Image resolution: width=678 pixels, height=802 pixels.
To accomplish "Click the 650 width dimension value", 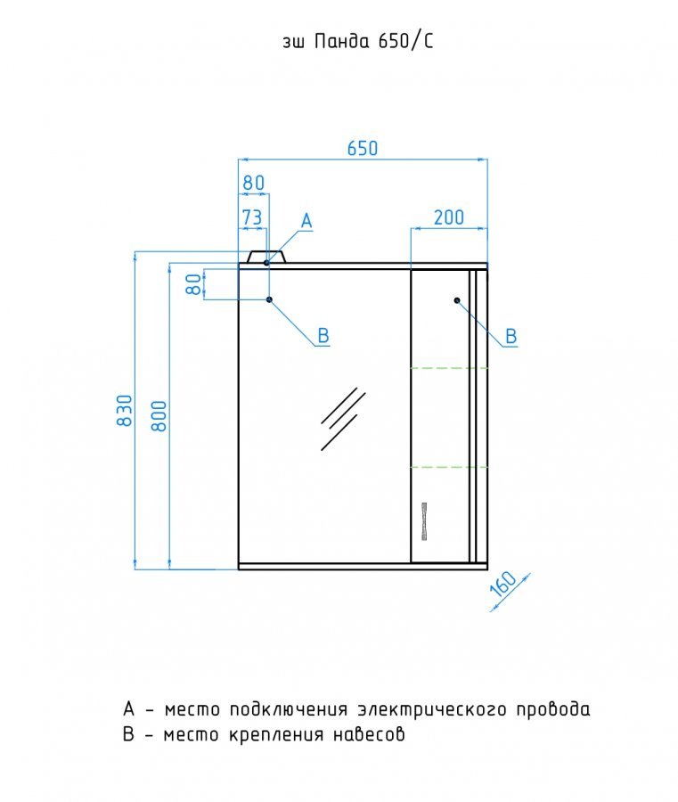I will [363, 148].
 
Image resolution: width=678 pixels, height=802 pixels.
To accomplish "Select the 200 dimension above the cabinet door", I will [448, 217].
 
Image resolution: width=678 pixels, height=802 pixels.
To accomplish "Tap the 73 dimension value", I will [251, 217].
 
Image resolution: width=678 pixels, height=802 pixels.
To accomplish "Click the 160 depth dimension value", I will [503, 586].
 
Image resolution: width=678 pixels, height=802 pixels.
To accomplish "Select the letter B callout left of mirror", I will [324, 336].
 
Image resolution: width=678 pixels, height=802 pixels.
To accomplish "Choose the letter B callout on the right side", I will [511, 336].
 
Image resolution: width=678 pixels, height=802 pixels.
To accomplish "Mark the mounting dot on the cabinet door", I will [457, 300].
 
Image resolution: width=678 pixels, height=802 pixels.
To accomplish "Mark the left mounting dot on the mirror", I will [268, 300].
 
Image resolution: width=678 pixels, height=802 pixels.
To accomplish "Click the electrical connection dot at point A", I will [266, 263].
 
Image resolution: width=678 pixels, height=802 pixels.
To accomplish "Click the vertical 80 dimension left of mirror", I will [192, 283].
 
